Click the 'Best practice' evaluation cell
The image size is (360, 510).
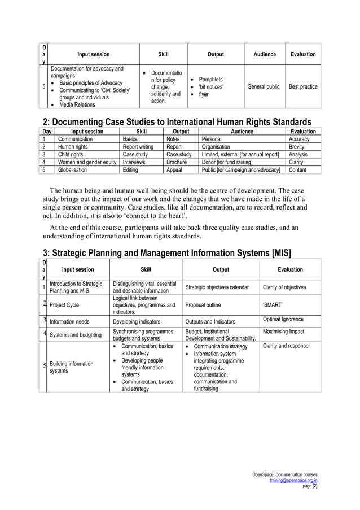pos(302,87)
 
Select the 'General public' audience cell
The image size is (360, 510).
pos(265,87)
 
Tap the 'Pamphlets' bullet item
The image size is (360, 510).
pos(211,80)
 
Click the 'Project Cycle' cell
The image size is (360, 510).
pos(64,305)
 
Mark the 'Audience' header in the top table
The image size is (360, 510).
pos(265,54)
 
